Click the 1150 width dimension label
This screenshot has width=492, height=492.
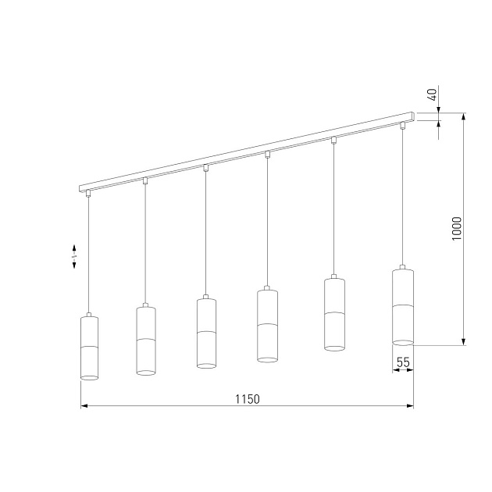(x=247, y=398)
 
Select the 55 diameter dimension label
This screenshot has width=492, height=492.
(x=403, y=362)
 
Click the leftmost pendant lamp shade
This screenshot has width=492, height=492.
(x=90, y=348)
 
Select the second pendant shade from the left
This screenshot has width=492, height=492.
(x=146, y=340)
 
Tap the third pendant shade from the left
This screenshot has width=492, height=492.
(x=205, y=333)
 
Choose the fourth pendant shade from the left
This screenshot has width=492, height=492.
(x=267, y=326)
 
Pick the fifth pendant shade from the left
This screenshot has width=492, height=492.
(x=334, y=314)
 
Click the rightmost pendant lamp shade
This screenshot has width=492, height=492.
(x=402, y=305)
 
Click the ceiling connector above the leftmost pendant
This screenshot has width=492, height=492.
(x=89, y=194)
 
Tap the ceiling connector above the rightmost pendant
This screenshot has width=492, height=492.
(x=403, y=125)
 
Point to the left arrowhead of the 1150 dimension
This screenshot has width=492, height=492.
(x=84, y=406)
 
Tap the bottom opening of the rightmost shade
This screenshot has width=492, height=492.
(x=402, y=340)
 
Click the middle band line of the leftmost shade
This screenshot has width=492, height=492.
(x=90, y=345)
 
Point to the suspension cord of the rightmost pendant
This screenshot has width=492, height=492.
(x=403, y=195)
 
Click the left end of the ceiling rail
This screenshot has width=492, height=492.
(x=81, y=188)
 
